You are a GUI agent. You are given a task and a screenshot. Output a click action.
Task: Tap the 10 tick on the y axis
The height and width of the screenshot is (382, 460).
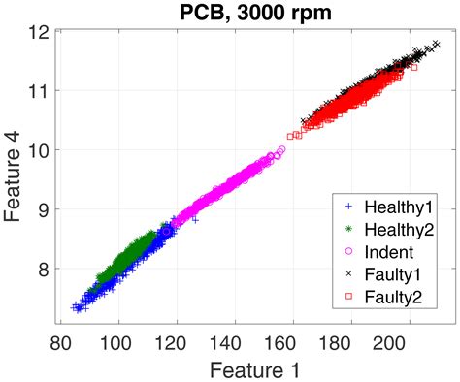click(42, 149)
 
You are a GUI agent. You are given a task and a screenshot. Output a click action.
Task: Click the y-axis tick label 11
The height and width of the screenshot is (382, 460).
click(42, 90)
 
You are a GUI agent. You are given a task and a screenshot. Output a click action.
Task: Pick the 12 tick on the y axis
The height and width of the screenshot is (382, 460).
click(42, 31)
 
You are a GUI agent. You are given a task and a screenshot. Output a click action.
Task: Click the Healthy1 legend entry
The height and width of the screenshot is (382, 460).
click(394, 207)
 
